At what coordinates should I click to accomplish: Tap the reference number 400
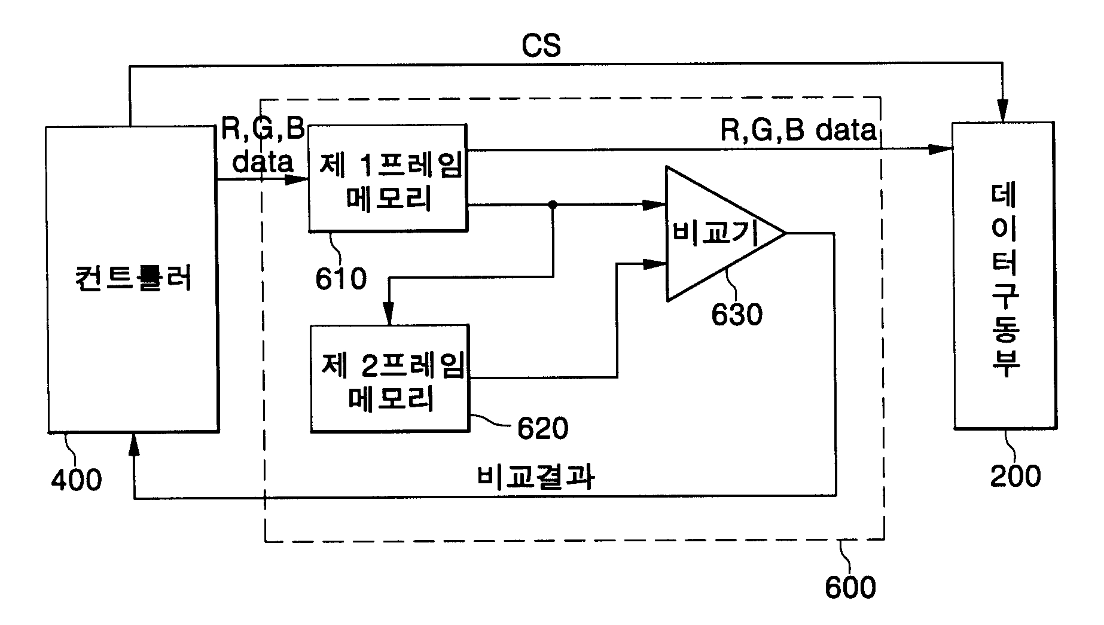tap(76, 480)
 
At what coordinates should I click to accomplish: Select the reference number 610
tap(341, 278)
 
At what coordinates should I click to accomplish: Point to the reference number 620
tap(542, 428)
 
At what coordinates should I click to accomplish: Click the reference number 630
tap(737, 315)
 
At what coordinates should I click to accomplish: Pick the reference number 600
tap(850, 587)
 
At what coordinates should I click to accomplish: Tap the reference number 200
tap(1015, 477)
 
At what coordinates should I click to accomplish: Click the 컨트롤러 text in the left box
tap(134, 279)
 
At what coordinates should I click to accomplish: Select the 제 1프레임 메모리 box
tap(388, 178)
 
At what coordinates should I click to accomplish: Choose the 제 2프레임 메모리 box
tap(389, 378)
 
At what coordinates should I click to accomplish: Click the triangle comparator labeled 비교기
tap(725, 233)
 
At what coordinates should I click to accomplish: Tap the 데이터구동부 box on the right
tap(1003, 275)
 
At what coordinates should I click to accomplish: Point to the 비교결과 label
tap(536, 477)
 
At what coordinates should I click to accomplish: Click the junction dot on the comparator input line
tap(553, 205)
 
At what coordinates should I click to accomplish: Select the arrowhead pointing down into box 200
tap(1003, 111)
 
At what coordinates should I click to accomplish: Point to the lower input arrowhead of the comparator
tap(654, 263)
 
